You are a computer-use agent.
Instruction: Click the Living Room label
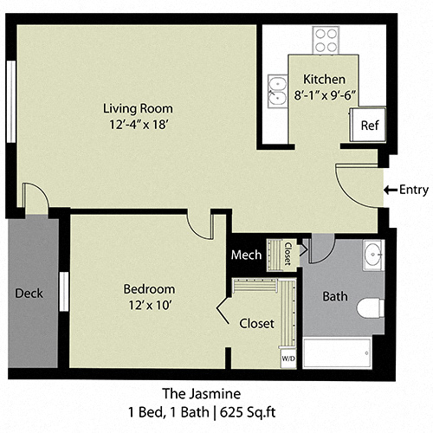pyautogui.click(x=138, y=108)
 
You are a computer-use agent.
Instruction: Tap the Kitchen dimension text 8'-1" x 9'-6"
pyautogui.click(x=324, y=94)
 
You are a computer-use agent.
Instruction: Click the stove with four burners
pyautogui.click(x=326, y=40)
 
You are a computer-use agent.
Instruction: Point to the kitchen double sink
pyautogui.click(x=276, y=90)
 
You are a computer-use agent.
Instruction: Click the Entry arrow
pyautogui.click(x=389, y=190)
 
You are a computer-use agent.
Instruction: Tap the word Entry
pyautogui.click(x=412, y=190)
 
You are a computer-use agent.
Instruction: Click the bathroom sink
pyautogui.click(x=373, y=256)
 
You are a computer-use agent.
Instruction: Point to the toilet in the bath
pyautogui.click(x=370, y=307)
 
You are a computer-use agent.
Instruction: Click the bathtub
pyautogui.click(x=338, y=353)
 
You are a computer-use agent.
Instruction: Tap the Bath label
pyautogui.click(x=334, y=296)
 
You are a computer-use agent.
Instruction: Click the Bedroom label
pyautogui.click(x=148, y=288)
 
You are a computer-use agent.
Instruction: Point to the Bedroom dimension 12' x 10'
pyautogui.click(x=148, y=305)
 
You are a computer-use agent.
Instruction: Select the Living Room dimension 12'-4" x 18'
pyautogui.click(x=138, y=125)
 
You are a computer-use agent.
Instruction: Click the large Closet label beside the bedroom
pyautogui.click(x=256, y=323)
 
